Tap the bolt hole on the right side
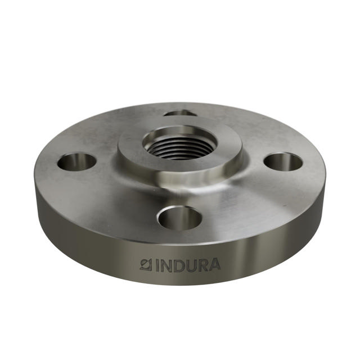[283, 162]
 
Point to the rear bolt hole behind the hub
[180, 113]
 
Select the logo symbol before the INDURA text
[146, 264]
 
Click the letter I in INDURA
[155, 264]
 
